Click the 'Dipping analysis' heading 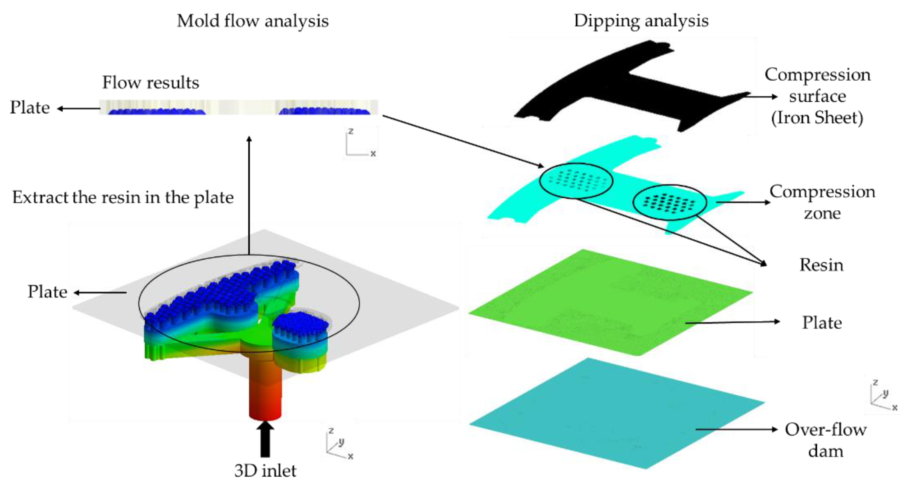(641, 21)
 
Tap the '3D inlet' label (265, 471)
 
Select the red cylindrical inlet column (265, 389)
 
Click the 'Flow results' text (150, 83)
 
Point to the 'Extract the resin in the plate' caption (123, 197)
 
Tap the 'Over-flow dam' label (825, 440)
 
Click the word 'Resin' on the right (821, 265)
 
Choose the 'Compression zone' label (822, 202)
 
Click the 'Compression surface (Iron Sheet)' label (817, 96)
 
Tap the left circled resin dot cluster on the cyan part (576, 181)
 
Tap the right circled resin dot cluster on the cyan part (669, 203)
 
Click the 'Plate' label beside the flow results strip (30, 107)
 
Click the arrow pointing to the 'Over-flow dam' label (736, 429)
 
